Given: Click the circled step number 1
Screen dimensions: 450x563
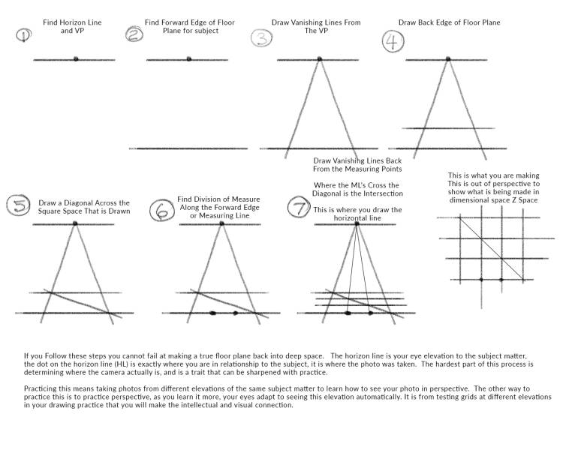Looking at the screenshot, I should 23,35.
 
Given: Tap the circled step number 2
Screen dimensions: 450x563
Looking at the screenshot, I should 134,34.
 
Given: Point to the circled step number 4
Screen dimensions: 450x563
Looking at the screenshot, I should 392,42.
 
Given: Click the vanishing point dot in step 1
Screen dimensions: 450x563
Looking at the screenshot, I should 76,58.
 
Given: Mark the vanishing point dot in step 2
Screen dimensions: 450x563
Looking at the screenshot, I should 188,58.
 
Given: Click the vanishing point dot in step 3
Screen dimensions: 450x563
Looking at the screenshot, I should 319,58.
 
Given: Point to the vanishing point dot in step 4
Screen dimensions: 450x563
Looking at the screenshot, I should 448,58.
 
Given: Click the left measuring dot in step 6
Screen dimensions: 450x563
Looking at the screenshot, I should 212,313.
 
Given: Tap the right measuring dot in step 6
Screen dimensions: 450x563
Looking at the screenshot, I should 236,313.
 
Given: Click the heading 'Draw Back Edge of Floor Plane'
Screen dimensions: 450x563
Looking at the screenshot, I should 449,23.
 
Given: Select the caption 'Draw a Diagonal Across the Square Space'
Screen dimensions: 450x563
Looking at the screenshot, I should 84,207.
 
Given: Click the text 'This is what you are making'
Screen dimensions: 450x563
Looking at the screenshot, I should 493,176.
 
